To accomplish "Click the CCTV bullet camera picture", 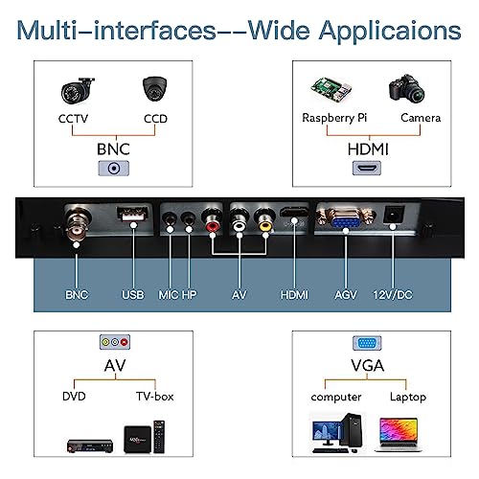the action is (78, 91).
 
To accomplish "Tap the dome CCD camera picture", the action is (155, 88).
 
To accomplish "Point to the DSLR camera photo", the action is (406, 89).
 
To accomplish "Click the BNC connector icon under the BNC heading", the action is (114, 169).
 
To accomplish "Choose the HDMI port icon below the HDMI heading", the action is (367, 168).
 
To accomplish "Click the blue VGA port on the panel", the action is (346, 219).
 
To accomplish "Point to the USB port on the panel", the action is (132, 214).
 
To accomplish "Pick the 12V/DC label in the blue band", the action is (393, 295).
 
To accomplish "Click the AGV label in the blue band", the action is (346, 295).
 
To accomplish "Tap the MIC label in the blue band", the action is (169, 295).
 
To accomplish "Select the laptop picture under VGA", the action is (398, 434).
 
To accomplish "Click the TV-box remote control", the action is (159, 437).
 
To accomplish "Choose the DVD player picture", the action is (90, 445).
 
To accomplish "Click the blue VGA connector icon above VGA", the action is (367, 343).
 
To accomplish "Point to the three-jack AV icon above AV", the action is (115, 342).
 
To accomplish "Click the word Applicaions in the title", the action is (390, 32).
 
